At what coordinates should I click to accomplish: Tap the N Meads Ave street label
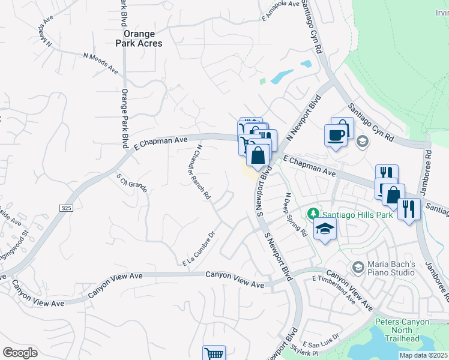pyautogui.click(x=101, y=63)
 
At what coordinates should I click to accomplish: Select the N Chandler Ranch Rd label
pyautogui.click(x=203, y=172)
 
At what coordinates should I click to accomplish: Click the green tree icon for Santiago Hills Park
pyautogui.click(x=312, y=214)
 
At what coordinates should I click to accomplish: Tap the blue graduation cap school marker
pyautogui.click(x=325, y=229)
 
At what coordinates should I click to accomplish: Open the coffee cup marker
pyautogui.click(x=336, y=134)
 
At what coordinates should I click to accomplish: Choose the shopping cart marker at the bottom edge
pyautogui.click(x=214, y=353)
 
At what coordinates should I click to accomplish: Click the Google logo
pyautogui.click(x=20, y=353)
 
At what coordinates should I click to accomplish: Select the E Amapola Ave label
pyautogui.click(x=280, y=12)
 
